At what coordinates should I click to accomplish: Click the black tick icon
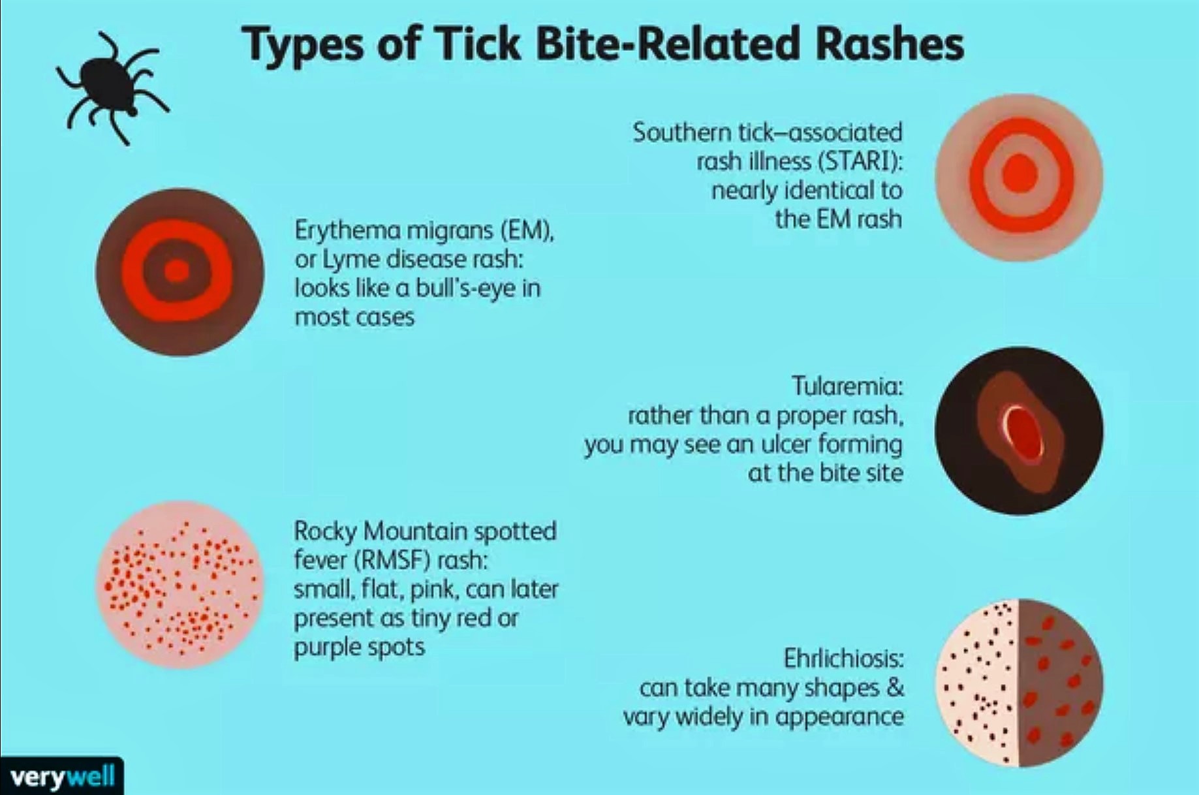(x=111, y=88)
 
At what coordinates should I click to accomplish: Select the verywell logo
(x=62, y=777)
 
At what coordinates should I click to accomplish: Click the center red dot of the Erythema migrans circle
(x=176, y=271)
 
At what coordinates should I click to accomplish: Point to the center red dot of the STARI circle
(x=1019, y=175)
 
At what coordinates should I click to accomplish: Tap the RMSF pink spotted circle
(x=180, y=585)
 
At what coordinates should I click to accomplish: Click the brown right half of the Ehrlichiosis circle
(x=1059, y=683)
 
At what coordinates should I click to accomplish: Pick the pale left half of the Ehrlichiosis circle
(x=978, y=683)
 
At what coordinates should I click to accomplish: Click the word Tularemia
(x=847, y=386)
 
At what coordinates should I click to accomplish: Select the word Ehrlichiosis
(x=843, y=659)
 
